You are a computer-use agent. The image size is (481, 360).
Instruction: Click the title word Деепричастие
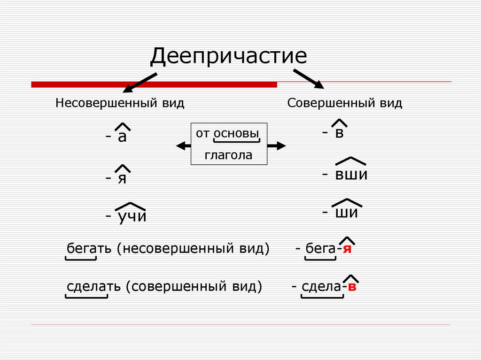click(228, 56)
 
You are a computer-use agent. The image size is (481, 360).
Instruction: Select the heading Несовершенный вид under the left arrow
click(120, 103)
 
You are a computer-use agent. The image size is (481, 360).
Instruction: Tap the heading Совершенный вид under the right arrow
click(345, 103)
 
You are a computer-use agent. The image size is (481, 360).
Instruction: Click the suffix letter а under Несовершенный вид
click(123, 137)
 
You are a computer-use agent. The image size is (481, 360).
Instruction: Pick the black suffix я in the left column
click(122, 178)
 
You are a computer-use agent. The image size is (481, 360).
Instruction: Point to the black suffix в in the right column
click(340, 133)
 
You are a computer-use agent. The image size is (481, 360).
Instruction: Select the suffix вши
click(350, 175)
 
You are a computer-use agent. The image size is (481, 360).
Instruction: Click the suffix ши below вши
click(347, 213)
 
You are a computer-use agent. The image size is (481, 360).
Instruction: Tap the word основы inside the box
click(236, 133)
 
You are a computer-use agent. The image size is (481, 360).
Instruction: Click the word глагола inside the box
click(228, 155)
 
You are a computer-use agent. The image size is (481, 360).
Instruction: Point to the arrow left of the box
click(183, 146)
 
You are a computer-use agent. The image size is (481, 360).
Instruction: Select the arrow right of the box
click(277, 146)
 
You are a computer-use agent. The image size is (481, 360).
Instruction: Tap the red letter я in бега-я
click(347, 249)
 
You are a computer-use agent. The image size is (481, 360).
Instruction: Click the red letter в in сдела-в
click(352, 286)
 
